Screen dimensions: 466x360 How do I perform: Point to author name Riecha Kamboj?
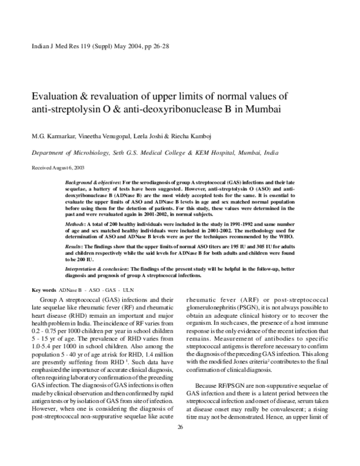tap(219, 136)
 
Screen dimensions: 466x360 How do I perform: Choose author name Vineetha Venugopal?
tap(119, 136)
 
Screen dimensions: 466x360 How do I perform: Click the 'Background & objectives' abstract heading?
tap(91, 181)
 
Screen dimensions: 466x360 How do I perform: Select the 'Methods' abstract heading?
tap(75, 222)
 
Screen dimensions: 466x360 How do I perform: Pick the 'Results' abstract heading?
tap(74, 246)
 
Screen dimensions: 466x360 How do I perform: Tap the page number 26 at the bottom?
tap(180, 443)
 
